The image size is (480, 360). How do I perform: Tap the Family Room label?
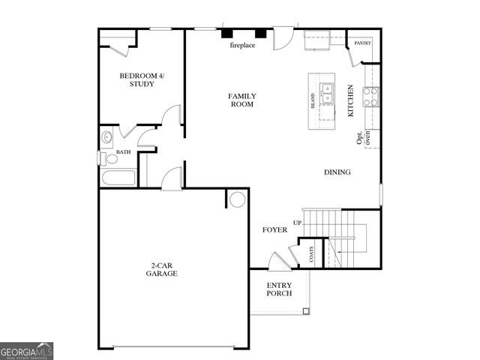click(x=242, y=100)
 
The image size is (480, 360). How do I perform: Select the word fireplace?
click(x=242, y=45)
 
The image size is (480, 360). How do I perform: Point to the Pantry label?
click(x=363, y=43)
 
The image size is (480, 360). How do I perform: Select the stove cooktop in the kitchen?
click(x=371, y=94)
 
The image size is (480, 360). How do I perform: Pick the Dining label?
click(x=337, y=172)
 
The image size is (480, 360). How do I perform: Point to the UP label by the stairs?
click(x=298, y=223)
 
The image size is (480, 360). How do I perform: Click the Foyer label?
click(x=274, y=229)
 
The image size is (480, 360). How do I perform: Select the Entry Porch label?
click(x=279, y=289)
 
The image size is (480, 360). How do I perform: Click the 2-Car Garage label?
click(x=161, y=269)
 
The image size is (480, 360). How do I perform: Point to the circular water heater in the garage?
click(x=238, y=199)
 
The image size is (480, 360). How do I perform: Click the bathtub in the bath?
click(x=118, y=178)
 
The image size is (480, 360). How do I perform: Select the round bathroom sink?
click(x=106, y=137)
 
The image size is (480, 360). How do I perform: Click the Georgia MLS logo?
click(x=27, y=351)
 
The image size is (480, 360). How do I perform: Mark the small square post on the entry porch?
click(x=305, y=310)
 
